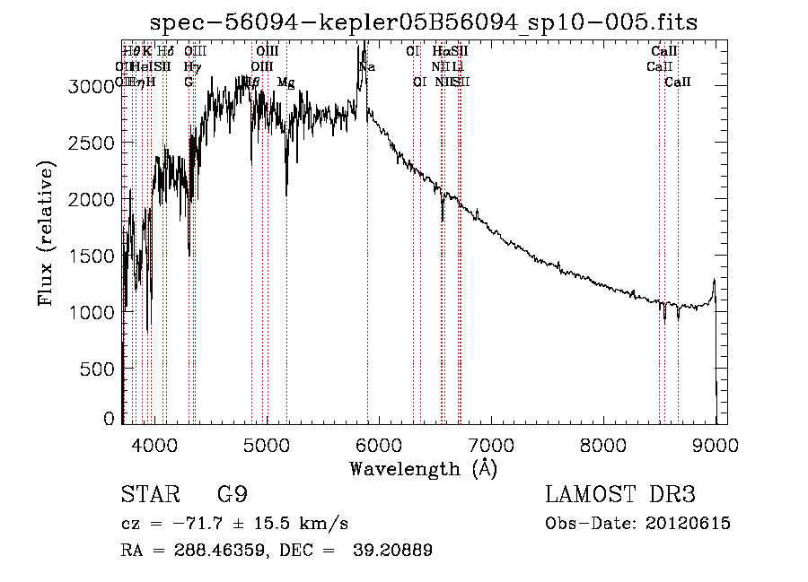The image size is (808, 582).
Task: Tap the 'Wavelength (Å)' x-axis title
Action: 423,468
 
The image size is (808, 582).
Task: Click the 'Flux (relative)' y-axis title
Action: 46,234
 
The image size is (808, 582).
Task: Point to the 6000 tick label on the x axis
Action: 378,443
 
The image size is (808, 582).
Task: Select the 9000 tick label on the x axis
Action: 716,443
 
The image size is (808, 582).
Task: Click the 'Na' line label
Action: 366,66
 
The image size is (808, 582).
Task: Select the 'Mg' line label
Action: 285,83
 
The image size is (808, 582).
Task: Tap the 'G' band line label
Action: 189,83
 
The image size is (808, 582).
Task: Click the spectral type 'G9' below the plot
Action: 232,495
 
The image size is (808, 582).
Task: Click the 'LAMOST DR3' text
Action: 620,495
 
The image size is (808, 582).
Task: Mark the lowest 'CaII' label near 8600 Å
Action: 678,83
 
